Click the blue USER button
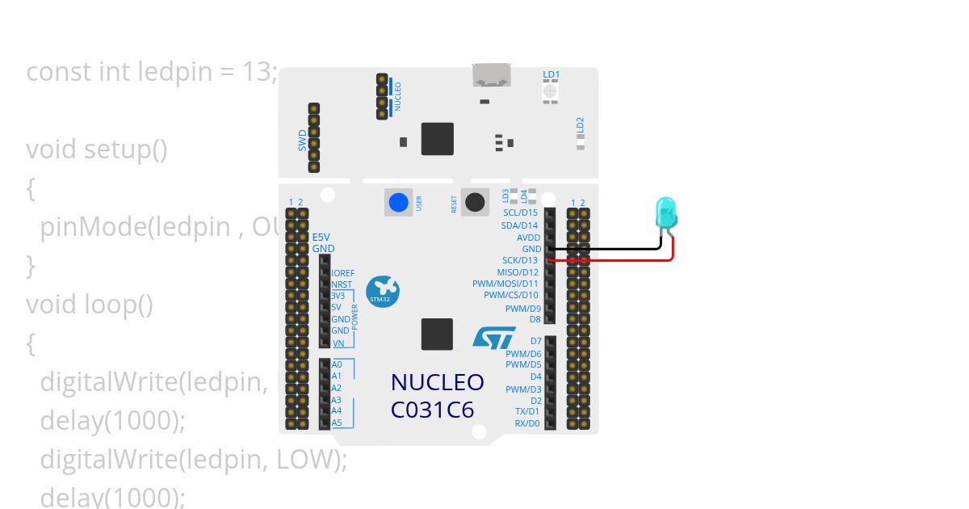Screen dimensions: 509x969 pos(398,202)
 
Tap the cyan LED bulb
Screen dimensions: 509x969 pos(666,212)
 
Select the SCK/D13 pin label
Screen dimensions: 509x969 pos(520,261)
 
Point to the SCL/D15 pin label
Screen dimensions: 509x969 pos(520,212)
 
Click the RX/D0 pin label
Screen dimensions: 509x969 pos(527,423)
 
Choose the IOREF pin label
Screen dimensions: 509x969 pos(343,274)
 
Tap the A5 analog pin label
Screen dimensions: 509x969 pos(337,423)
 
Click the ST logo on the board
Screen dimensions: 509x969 pos(493,338)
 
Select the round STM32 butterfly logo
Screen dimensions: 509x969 pos(382,291)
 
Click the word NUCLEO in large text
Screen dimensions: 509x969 pos(437,382)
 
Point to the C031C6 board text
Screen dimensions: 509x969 pos(432,410)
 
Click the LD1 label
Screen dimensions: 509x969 pos(552,74)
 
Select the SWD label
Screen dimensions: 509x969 pos(303,140)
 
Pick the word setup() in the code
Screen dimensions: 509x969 pos(125,149)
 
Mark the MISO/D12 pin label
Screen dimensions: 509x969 pos(518,272)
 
